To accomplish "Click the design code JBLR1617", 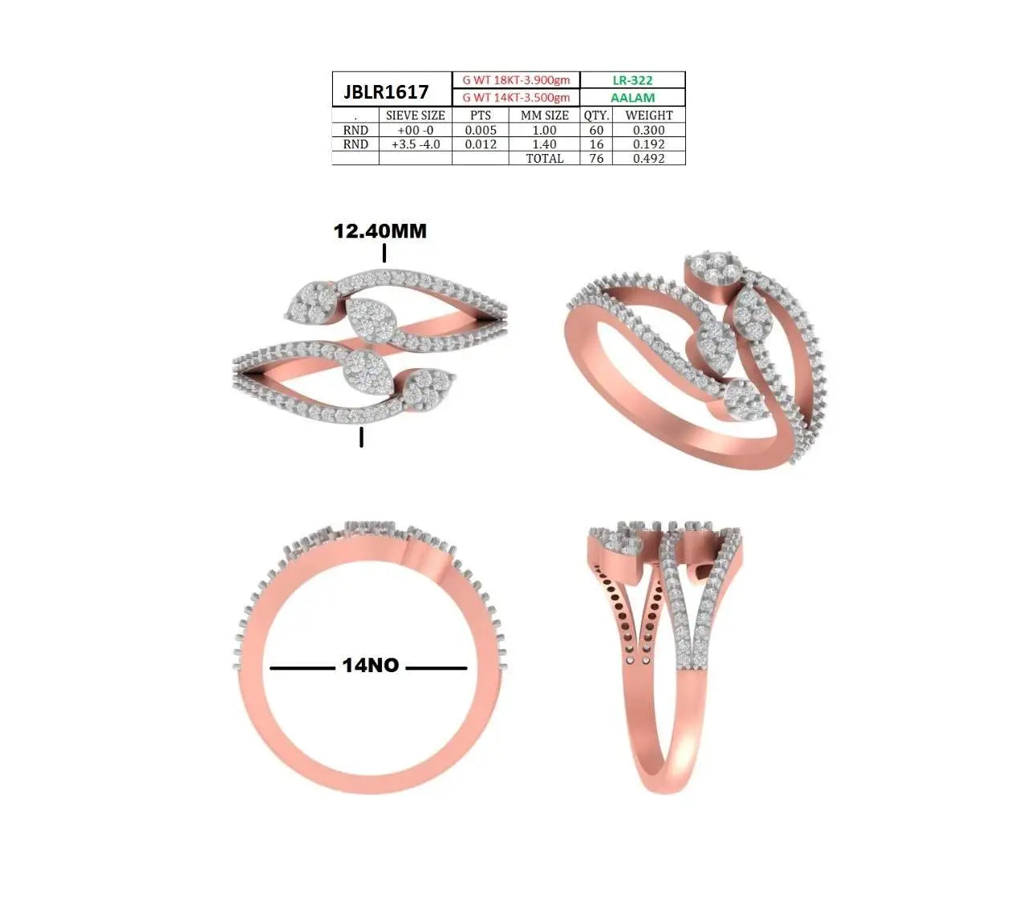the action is pos(386,91).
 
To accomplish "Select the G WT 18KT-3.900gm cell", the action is pos(516,80).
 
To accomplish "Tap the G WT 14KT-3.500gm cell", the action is pos(516,97).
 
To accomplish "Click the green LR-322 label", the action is pos(632,80).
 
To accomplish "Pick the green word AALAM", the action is pos(632,97).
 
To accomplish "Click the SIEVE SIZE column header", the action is pos(415,115).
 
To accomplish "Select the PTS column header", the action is pos(480,115).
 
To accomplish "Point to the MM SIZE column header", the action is pos(545,115).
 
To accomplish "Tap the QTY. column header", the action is pos(596,116).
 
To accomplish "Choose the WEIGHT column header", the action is pos(649,115).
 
